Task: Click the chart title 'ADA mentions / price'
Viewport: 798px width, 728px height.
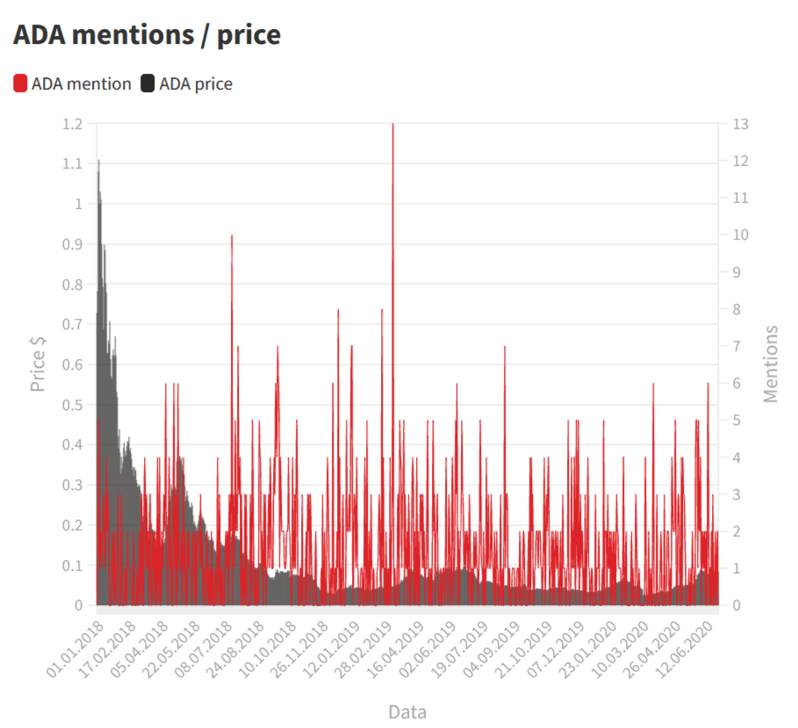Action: coord(147,34)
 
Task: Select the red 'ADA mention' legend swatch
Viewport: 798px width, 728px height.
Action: coord(21,84)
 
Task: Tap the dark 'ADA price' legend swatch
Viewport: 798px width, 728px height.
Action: coord(147,84)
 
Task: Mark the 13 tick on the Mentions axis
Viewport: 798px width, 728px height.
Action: coord(741,124)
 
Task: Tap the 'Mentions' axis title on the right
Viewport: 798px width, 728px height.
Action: coord(771,364)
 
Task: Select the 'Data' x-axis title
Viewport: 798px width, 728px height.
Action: coord(407,711)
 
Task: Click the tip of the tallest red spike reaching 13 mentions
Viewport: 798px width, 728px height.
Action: coord(392,125)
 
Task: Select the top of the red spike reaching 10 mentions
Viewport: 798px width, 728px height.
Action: coord(232,236)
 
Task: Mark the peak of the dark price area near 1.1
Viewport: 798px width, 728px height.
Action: coord(98,161)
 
